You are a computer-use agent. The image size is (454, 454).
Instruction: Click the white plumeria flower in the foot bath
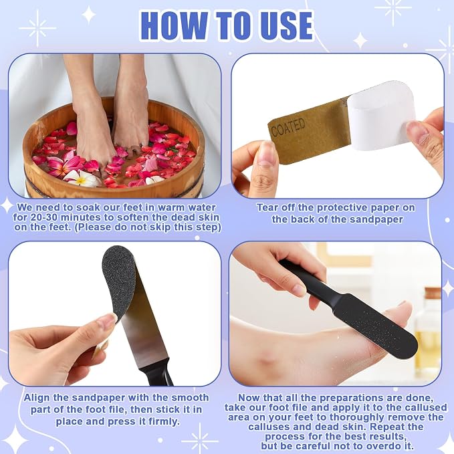(x=82, y=179)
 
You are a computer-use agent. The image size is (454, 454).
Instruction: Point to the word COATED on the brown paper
(x=288, y=128)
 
